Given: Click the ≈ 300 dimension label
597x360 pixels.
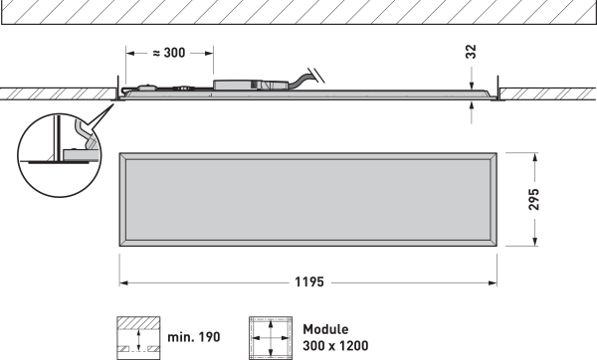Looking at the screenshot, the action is point(169,53).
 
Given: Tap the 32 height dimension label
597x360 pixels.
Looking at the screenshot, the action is point(472,52).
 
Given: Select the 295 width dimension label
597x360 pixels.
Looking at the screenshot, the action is point(533,199).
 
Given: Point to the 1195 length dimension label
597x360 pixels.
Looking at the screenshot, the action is point(309,282).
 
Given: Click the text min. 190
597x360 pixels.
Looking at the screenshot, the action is point(194,337).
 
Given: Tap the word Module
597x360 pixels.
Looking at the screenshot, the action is point(325,329).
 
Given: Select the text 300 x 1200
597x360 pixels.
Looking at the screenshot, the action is point(335,346).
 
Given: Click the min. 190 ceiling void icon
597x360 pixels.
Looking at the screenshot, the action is point(138,338).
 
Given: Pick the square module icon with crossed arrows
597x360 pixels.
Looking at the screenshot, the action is point(271,338).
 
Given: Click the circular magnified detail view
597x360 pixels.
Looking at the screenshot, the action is point(59,155).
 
